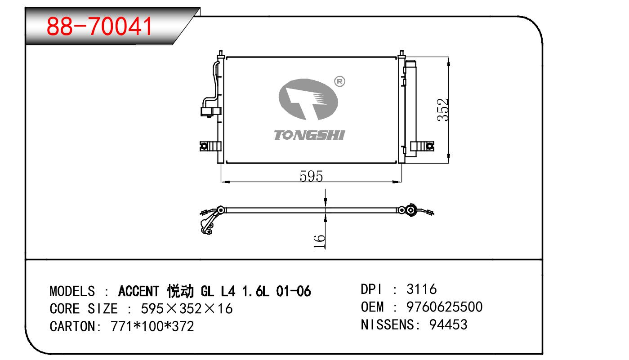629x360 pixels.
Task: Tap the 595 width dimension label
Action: pyautogui.click(x=311, y=176)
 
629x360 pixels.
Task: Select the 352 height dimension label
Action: pyautogui.click(x=443, y=110)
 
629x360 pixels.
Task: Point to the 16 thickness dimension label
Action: pyautogui.click(x=319, y=242)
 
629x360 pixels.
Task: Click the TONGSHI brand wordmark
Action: pyautogui.click(x=309, y=135)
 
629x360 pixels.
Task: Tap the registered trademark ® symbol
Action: pyautogui.click(x=339, y=82)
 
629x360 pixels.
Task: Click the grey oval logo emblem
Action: pyautogui.click(x=308, y=99)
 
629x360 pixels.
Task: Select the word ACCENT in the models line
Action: pyautogui.click(x=139, y=291)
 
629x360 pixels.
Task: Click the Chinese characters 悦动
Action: pyautogui.click(x=180, y=291)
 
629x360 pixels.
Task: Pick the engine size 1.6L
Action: pyautogui.click(x=255, y=291)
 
